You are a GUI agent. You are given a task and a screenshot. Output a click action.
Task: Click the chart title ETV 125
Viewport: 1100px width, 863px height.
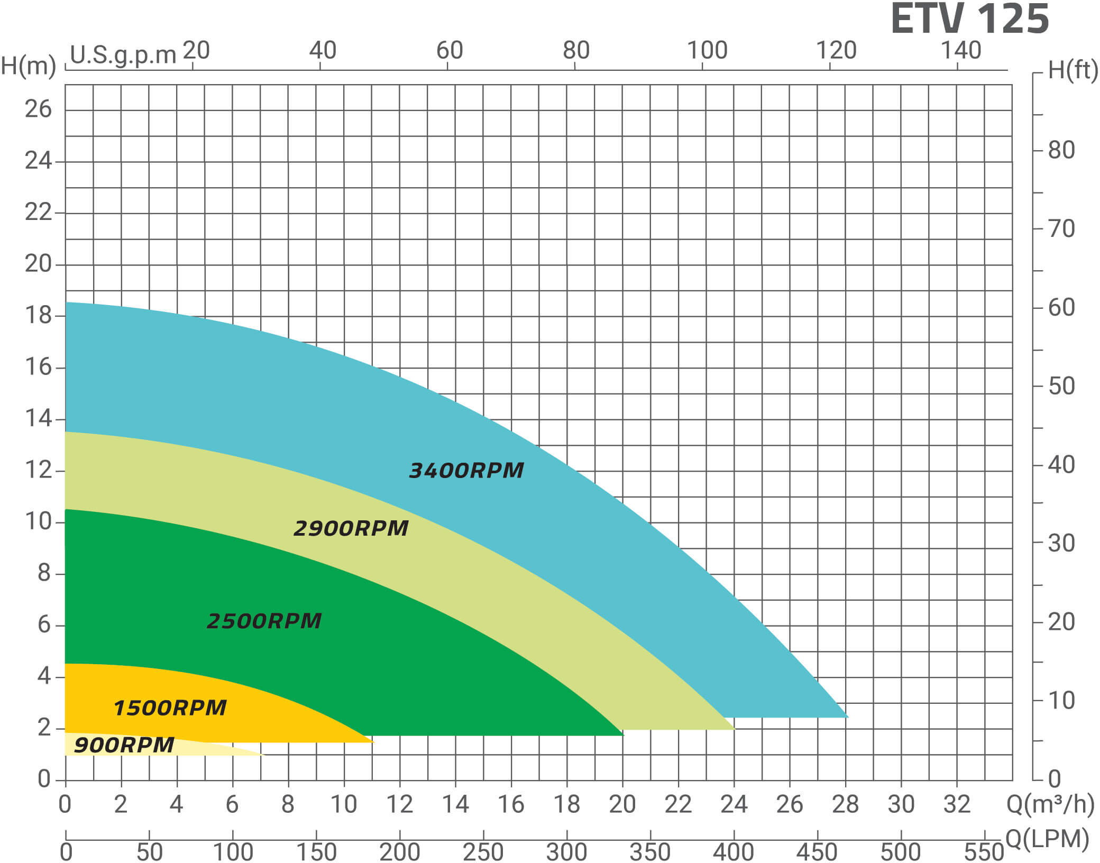tap(969, 20)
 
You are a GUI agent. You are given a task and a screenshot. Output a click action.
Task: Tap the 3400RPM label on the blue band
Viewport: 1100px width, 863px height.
tap(466, 470)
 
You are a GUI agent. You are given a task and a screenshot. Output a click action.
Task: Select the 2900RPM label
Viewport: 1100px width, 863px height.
tap(351, 528)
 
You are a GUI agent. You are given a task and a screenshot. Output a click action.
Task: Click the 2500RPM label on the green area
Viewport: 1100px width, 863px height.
tap(264, 621)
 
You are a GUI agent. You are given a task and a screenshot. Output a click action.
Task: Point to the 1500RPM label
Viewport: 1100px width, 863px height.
tap(170, 708)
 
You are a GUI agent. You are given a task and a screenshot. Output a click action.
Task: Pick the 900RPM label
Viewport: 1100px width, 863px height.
tap(124, 745)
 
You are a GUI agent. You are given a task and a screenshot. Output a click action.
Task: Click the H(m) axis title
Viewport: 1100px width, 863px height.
tap(29, 67)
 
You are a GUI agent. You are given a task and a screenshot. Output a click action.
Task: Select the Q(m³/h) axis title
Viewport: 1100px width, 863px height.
tap(1050, 804)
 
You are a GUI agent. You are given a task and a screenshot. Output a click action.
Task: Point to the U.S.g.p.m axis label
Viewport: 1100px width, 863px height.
tap(123, 55)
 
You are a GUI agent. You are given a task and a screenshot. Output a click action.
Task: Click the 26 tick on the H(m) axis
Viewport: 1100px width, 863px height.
tap(38, 109)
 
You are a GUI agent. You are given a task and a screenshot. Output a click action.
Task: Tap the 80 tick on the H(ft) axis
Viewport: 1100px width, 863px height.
tap(1061, 150)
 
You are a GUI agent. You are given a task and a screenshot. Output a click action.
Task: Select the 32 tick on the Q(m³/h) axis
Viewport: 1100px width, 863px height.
tap(957, 804)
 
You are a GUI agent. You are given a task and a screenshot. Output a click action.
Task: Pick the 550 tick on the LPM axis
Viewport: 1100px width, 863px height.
tap(984, 852)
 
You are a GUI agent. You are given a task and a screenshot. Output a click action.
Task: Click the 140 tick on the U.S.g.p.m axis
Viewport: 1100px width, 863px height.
tap(961, 51)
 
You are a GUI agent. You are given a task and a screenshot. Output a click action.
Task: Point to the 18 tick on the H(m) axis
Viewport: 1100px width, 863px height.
tap(38, 315)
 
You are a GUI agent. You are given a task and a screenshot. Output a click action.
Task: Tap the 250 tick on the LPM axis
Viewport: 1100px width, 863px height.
tap(483, 852)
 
